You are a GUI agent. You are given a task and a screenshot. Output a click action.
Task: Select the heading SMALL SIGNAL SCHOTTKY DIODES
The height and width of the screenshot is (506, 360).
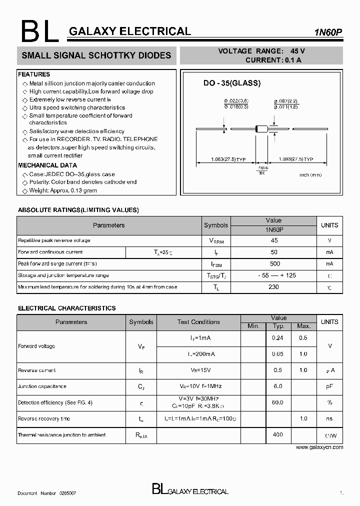[x=96, y=55]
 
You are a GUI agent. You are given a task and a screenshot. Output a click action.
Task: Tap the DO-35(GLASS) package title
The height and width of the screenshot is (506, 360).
[x=231, y=83]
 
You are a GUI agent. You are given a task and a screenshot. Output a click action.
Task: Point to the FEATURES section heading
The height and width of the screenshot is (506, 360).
[x=34, y=74]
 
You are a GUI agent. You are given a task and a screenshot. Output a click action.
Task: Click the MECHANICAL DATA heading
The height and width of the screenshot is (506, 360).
[x=47, y=165]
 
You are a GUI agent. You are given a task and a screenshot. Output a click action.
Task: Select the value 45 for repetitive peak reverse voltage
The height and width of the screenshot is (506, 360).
[x=273, y=240]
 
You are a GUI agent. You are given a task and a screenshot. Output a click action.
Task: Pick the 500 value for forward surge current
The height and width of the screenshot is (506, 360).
[x=274, y=263]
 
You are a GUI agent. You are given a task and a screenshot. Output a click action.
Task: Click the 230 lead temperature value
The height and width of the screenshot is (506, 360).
[x=274, y=287]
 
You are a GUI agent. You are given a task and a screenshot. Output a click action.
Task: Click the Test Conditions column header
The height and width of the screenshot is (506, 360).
[x=198, y=322]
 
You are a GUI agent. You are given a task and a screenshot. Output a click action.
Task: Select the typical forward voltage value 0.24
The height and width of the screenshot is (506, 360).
[x=277, y=338]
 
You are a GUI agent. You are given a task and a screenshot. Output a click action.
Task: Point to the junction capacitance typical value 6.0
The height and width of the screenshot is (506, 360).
[x=278, y=386]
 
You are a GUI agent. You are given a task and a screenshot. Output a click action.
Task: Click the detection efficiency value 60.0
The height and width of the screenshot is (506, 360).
[x=277, y=402]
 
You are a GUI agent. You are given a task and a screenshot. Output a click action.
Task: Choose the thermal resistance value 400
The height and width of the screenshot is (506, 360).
[x=277, y=434]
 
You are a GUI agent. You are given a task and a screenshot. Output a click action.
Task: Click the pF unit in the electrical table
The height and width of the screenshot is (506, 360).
[x=329, y=386]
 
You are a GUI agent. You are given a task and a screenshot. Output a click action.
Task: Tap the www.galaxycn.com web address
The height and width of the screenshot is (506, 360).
[x=319, y=447]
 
